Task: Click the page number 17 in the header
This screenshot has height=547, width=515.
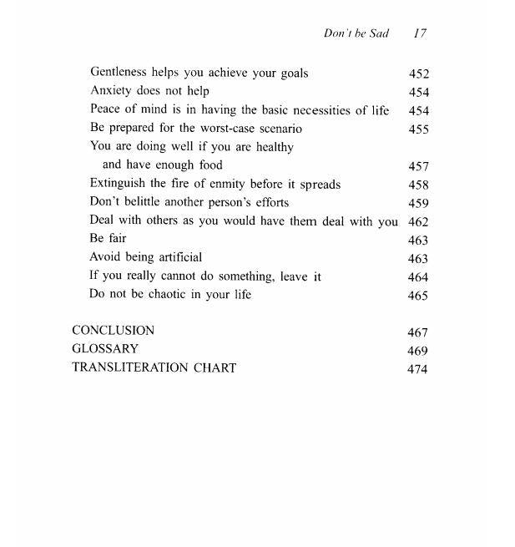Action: (x=420, y=33)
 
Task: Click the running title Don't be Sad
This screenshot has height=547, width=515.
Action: (x=356, y=33)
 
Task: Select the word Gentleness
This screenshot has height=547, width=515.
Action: (x=119, y=73)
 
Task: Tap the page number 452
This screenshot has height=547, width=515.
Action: (x=418, y=73)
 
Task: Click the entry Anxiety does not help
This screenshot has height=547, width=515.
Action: (x=149, y=91)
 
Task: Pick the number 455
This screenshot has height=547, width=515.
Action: (x=418, y=129)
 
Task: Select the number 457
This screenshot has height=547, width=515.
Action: (x=418, y=166)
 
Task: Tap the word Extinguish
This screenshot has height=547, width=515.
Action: (x=118, y=184)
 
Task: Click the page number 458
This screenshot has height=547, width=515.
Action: (x=418, y=185)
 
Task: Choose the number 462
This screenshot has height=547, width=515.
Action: (x=418, y=222)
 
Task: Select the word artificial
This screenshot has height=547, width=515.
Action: (x=176, y=257)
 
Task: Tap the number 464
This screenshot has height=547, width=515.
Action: (x=418, y=277)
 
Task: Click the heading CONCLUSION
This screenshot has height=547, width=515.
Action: (x=113, y=331)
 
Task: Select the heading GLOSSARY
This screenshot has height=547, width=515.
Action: (x=105, y=349)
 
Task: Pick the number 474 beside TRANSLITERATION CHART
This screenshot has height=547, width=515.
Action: (x=417, y=368)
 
